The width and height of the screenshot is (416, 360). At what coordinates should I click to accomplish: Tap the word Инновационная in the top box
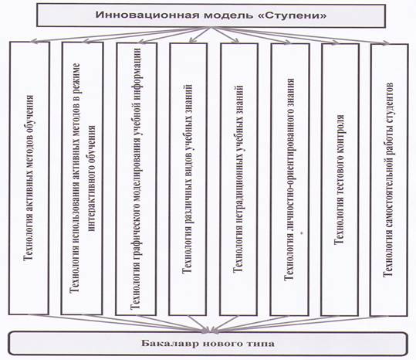pos(147,15)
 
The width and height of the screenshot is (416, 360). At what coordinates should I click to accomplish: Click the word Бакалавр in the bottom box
pos(170,343)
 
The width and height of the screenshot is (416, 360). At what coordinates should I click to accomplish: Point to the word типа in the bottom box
pos(260,344)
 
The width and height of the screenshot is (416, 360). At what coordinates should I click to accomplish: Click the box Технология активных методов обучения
pos(29,178)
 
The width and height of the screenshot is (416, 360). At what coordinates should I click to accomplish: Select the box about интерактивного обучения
pos(82,178)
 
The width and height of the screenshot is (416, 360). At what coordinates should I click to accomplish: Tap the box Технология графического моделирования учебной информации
pos(137,179)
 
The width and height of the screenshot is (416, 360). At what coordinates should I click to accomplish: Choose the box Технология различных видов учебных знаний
pos(188,179)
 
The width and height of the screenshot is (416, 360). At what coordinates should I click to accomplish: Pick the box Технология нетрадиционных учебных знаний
pos(238,179)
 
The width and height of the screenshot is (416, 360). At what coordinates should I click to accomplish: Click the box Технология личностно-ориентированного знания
pos(289,180)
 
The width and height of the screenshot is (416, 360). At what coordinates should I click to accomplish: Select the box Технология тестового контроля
pos(340,180)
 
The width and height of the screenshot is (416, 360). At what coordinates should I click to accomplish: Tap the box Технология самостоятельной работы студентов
pos(389,180)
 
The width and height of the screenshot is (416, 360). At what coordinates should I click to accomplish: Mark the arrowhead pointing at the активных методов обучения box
pos(33,41)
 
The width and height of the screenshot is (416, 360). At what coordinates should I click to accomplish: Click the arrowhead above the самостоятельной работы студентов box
pos(386,42)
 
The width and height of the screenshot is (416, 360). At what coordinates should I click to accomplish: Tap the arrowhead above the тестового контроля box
pos(335,42)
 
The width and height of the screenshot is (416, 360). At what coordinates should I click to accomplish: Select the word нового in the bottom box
pos(222,344)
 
